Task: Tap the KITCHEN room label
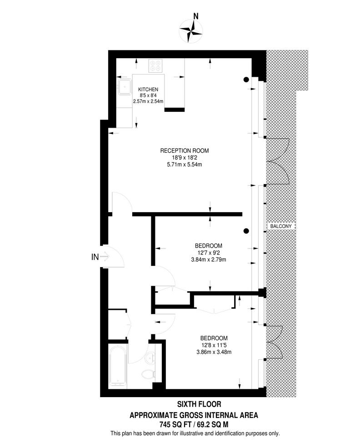pyautogui.click(x=148, y=89)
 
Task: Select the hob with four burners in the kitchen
pyautogui.click(x=156, y=66)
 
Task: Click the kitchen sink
pyautogui.click(x=123, y=88)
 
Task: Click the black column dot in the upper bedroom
pyautogui.click(x=246, y=231)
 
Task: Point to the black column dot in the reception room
pyautogui.click(x=246, y=79)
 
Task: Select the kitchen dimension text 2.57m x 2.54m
pyautogui.click(x=148, y=102)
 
